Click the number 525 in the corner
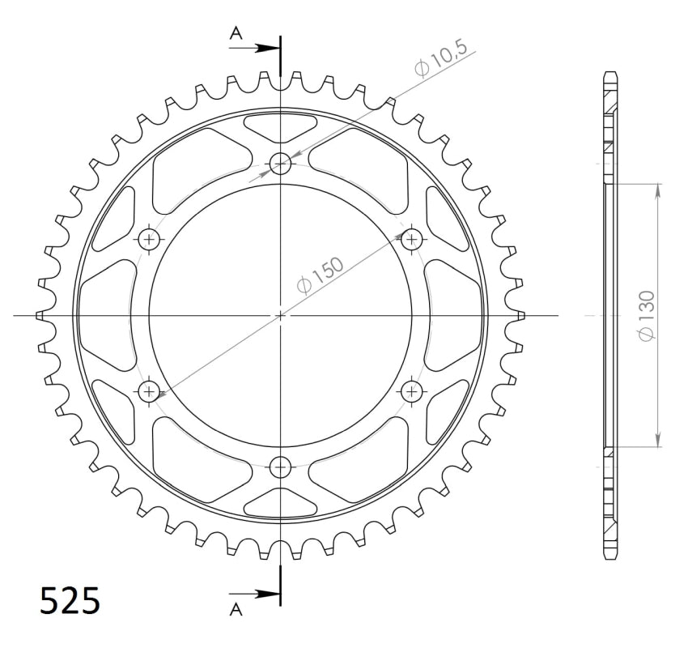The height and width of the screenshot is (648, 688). (x=70, y=601)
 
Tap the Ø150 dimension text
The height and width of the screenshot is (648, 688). (x=321, y=274)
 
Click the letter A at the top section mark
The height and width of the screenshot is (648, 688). (x=236, y=32)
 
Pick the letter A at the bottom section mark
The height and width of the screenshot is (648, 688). (x=236, y=608)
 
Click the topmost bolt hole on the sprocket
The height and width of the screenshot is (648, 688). (x=281, y=164)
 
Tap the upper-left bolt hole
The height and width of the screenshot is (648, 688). (x=150, y=239)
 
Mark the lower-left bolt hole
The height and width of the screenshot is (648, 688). (x=150, y=392)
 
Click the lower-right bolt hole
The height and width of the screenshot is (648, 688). (x=413, y=392)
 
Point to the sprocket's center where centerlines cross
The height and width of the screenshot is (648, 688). (x=281, y=315)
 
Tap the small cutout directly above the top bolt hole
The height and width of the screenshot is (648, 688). (x=281, y=126)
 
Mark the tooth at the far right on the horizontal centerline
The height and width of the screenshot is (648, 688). (x=519, y=315)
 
